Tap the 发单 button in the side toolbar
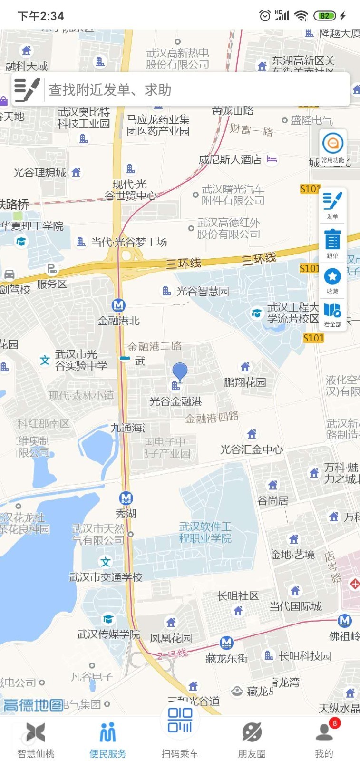click(x=332, y=205)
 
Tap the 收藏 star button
click(x=332, y=280)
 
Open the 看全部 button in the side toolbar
click(x=332, y=314)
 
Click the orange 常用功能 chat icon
click(x=332, y=144)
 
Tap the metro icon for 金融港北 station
click(x=118, y=305)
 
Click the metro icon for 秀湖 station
click(x=126, y=498)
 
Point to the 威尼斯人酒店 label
click(x=230, y=160)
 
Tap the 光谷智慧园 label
click(x=203, y=291)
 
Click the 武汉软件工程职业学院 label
click(x=205, y=533)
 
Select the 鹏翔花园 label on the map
click(x=245, y=382)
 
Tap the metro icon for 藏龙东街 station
click(x=227, y=643)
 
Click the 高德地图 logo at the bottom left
click(x=33, y=704)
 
